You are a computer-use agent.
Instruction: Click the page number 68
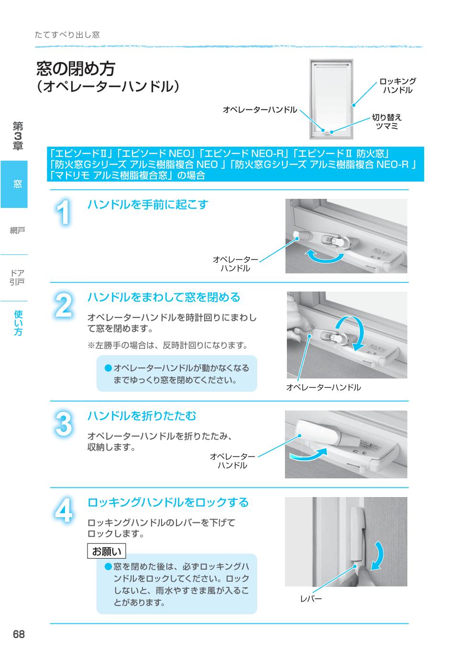point(19,635)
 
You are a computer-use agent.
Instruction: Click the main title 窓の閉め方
point(76,69)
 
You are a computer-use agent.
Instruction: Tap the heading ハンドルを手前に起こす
point(147,205)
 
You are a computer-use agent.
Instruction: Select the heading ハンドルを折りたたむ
point(142,416)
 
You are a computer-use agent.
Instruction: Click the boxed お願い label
point(107,552)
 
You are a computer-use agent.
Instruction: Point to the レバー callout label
point(311,598)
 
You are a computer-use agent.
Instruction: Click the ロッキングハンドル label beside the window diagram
point(397,86)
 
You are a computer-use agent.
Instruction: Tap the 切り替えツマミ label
point(387,121)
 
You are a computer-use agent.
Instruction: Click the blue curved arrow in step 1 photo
point(325,257)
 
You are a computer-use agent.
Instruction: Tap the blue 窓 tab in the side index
point(14,184)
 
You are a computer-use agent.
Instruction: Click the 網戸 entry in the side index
point(17,231)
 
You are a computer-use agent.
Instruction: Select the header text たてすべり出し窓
point(67,35)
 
